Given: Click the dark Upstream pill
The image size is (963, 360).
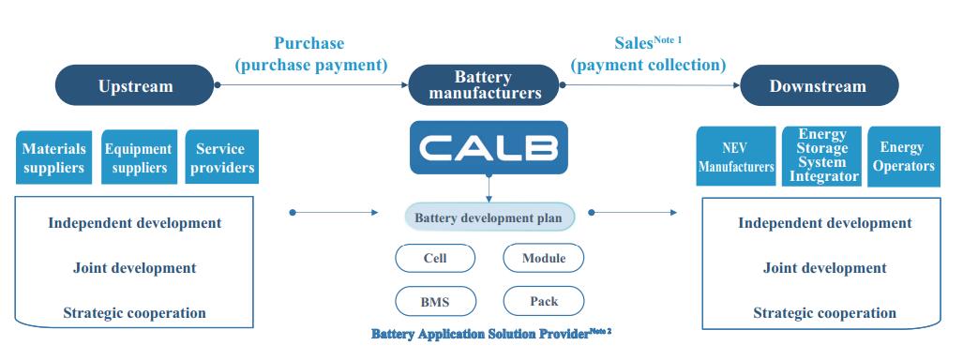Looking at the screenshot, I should [135, 86].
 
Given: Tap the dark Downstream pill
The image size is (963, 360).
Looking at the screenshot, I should [818, 86].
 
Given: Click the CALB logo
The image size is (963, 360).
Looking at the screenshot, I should [489, 147].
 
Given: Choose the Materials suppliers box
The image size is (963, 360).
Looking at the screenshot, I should [53, 157].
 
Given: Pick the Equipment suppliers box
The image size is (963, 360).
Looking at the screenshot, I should [138, 157].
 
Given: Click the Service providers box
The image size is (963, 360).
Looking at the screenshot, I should [220, 157].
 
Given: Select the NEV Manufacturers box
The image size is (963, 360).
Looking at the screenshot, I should [736, 157].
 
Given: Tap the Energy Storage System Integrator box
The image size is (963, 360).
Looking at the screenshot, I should [821, 156].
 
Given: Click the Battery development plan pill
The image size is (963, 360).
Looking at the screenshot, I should [489, 219].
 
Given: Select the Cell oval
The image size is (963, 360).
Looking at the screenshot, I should [435, 258].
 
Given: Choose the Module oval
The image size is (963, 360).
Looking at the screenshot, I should [544, 258].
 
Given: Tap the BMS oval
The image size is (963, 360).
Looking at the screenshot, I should [435, 301].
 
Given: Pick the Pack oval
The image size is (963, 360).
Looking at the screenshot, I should [544, 301].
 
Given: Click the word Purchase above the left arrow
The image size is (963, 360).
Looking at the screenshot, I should [308, 43].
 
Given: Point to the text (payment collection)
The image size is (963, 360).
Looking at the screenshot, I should [649, 65].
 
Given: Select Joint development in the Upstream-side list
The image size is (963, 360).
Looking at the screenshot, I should [135, 268].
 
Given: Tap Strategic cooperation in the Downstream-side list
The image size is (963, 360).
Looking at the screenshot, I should [824, 313].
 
